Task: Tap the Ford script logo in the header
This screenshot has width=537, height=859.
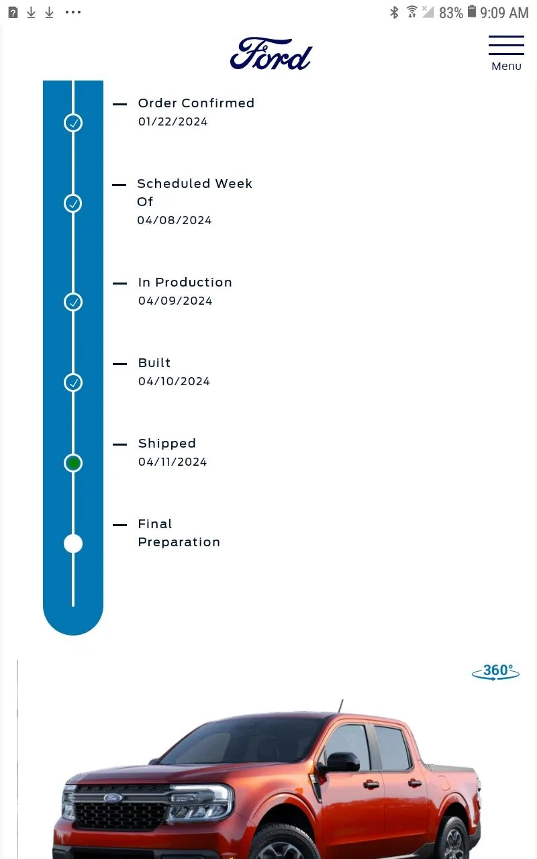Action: [x=271, y=54]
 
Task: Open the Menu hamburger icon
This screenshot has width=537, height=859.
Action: [x=506, y=45]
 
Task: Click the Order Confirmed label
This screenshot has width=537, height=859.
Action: [x=196, y=103]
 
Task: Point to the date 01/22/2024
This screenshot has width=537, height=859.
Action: [x=173, y=121]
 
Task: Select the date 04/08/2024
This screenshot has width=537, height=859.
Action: [x=175, y=220]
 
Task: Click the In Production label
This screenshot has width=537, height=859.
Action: [x=185, y=283]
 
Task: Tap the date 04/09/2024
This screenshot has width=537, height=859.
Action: [x=175, y=301]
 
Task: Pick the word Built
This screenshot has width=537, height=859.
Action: [x=154, y=363]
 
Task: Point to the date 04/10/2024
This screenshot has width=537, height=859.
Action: [x=174, y=381]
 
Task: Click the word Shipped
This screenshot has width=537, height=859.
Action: [x=167, y=444]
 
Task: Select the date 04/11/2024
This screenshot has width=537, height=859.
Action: [x=173, y=462]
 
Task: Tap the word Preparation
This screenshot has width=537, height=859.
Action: [x=179, y=542]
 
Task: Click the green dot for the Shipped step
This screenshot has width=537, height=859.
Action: [x=73, y=463]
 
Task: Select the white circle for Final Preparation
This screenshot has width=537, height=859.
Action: [x=73, y=544]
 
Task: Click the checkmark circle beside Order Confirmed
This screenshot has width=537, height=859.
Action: [x=73, y=123]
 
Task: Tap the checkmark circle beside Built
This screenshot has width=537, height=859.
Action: [x=73, y=383]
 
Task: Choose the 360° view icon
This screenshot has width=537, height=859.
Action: [x=495, y=672]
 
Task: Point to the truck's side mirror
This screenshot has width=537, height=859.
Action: [x=340, y=761]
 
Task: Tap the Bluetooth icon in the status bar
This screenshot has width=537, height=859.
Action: [x=394, y=12]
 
